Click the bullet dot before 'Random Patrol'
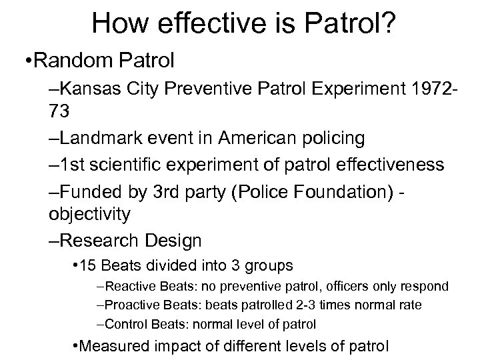point(24,61)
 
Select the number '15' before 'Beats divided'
point(88,265)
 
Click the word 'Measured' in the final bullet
point(112,347)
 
